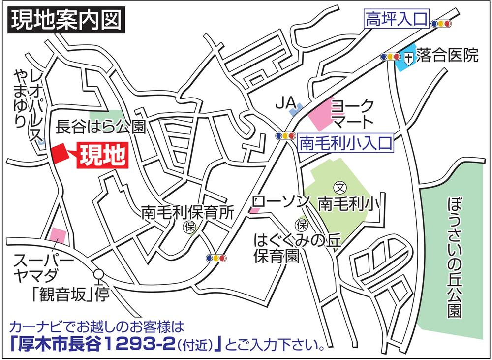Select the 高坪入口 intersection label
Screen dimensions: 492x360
pyautogui.click(x=396, y=21)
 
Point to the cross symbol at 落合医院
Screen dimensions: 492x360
pyautogui.click(x=408, y=58)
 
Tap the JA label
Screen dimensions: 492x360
pyautogui.click(x=284, y=103)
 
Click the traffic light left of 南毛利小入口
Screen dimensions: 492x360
pyautogui.click(x=285, y=136)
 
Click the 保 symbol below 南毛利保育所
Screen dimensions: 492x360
pyautogui.click(x=188, y=227)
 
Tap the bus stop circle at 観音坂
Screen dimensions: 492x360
pyautogui.click(x=99, y=274)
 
